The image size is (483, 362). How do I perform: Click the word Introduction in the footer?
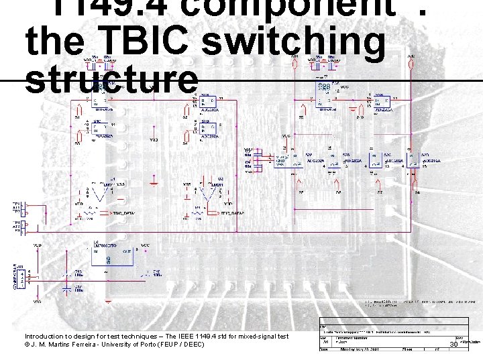click(44, 337)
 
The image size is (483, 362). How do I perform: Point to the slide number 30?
click(453, 344)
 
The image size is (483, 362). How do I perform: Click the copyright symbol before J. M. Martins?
click(28, 345)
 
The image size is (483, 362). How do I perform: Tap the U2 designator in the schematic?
click(219, 179)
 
